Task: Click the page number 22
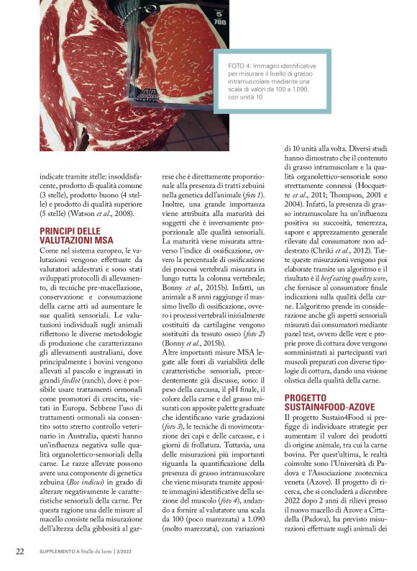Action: (20, 552)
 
